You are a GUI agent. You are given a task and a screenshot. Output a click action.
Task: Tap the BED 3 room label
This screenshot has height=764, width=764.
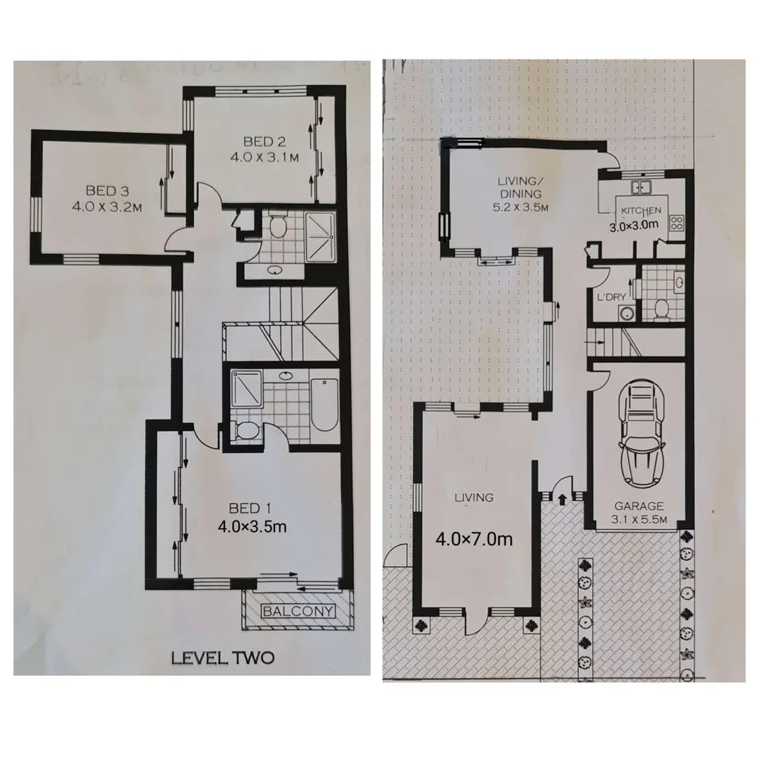coord(105,190)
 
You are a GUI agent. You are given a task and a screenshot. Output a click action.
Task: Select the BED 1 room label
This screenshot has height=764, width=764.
coord(250,508)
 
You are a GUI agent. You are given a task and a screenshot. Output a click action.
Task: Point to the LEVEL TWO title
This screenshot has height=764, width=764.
coord(223,658)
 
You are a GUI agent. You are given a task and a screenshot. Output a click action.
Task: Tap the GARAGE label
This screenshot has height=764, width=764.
coord(638,507)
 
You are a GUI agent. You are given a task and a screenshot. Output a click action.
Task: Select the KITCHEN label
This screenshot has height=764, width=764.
coord(641,211)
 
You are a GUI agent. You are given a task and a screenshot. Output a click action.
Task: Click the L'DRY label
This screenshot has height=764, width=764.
coord(612,297)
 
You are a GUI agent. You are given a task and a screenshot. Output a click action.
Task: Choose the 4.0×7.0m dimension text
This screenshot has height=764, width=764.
coord(473,539)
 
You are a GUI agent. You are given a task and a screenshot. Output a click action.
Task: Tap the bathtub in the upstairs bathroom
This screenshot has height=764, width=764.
coord(325,404)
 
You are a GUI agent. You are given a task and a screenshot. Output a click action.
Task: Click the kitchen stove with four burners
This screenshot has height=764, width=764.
coord(676,223)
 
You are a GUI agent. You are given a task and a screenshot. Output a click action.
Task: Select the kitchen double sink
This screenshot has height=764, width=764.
coord(642,187)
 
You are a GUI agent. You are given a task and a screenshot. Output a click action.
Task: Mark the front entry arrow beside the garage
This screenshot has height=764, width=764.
coord(562,499)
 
